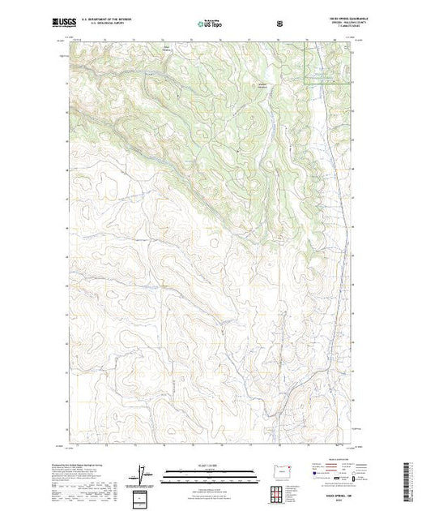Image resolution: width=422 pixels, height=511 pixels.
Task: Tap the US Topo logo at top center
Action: coord(210,24)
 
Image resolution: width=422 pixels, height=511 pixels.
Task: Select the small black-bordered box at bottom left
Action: coord(143,496)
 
